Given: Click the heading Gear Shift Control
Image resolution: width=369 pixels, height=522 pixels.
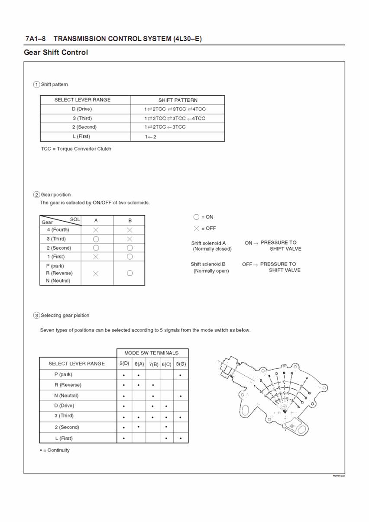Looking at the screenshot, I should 56,52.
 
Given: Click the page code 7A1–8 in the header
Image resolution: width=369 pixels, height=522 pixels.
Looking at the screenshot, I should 35,39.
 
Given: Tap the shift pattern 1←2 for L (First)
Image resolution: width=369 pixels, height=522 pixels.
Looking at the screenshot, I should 150,137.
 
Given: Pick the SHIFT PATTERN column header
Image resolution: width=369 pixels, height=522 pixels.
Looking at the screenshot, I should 178,100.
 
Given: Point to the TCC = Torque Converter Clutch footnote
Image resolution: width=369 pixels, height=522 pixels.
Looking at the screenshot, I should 76,149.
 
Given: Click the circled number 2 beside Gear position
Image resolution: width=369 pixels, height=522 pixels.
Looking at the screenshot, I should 37,195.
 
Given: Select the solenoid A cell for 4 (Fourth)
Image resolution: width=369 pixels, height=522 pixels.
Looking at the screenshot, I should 96,230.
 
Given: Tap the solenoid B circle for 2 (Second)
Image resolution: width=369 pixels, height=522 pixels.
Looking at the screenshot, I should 129,248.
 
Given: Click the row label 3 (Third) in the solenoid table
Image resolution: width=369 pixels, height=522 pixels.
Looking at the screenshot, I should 56,239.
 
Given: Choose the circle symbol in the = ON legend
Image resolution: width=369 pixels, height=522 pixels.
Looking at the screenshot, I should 196,217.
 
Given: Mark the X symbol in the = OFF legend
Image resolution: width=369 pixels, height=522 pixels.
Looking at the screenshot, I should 197,228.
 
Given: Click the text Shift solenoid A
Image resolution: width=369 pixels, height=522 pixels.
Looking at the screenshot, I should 208,243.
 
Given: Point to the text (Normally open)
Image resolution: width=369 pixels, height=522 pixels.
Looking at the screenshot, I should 211,271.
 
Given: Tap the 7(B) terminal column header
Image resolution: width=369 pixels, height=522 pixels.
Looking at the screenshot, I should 153,364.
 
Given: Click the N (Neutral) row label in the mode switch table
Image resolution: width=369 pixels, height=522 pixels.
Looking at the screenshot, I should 66,396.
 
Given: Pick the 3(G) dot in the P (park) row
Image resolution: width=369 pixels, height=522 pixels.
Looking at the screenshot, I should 180,375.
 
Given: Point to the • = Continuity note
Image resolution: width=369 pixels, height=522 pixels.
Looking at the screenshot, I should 55,450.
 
